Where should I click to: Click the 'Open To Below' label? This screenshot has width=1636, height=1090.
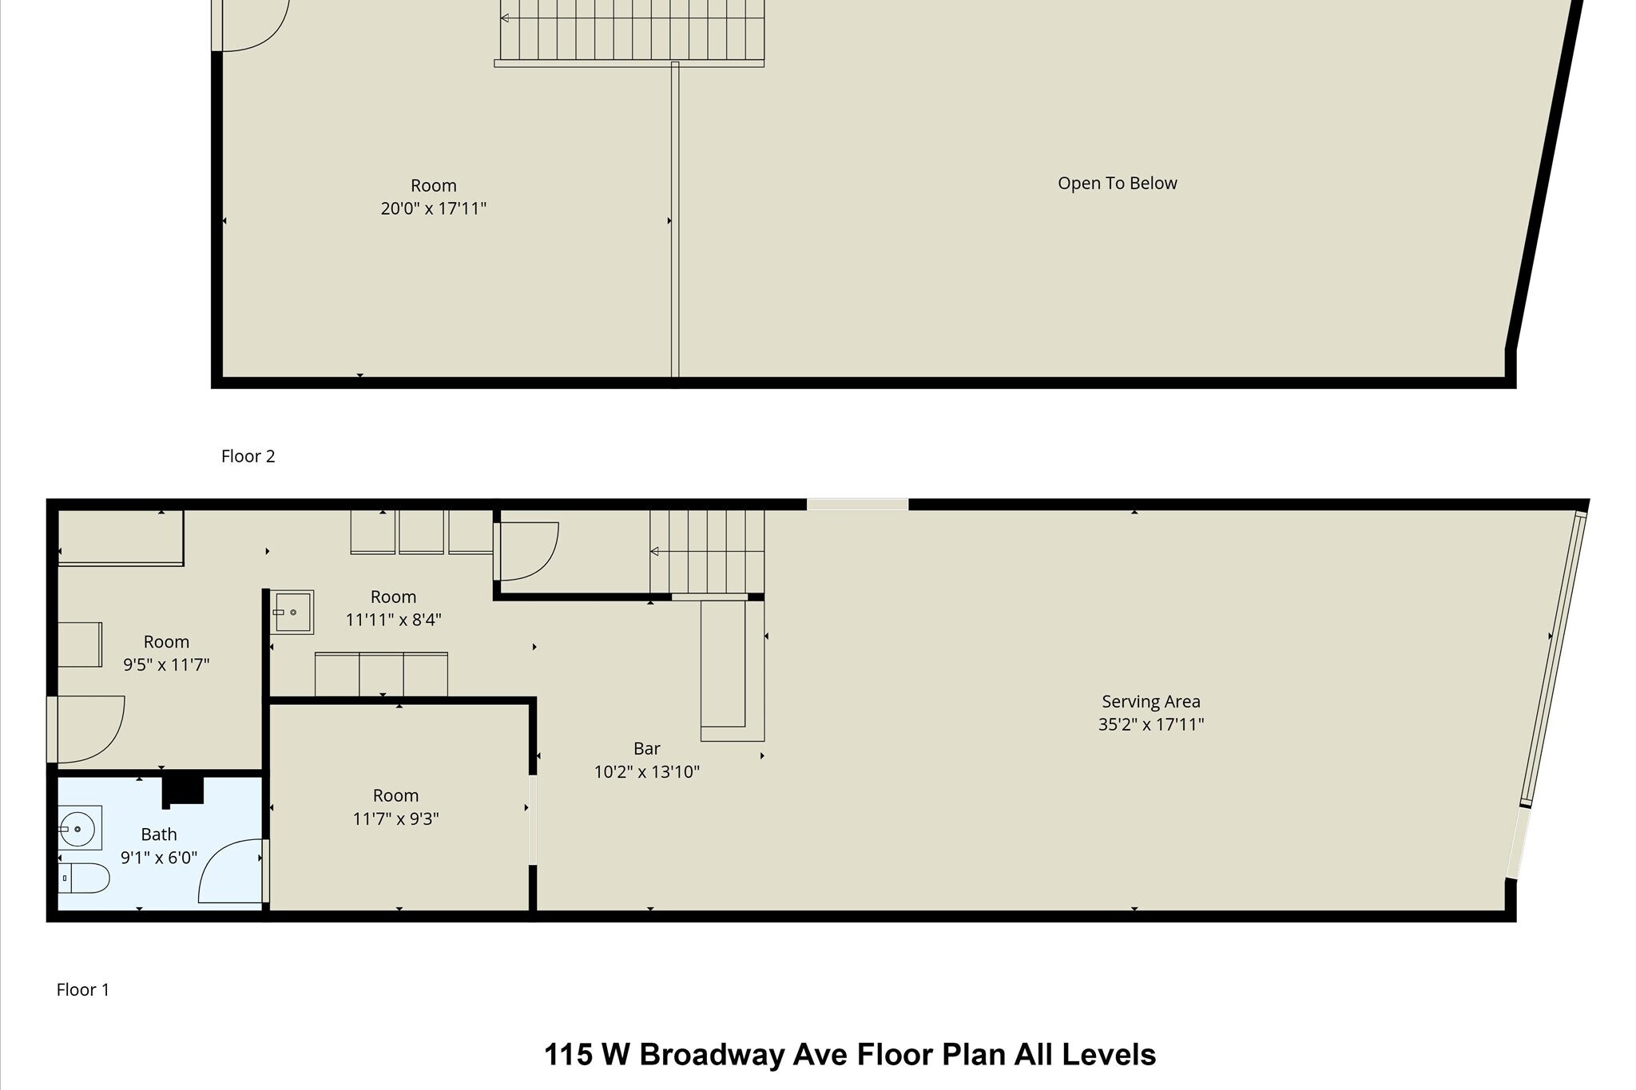click(x=1117, y=183)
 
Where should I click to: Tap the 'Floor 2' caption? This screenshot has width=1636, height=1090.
click(x=248, y=456)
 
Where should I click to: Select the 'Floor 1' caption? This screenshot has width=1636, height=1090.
click(x=82, y=989)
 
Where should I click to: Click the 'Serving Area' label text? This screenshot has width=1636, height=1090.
click(x=1150, y=701)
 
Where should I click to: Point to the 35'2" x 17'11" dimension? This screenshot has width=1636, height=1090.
click(x=1150, y=724)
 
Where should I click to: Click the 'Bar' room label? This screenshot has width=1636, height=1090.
click(x=646, y=748)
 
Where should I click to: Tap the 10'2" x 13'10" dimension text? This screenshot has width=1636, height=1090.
click(x=646, y=771)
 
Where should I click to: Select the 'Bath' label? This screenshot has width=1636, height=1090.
click(x=159, y=834)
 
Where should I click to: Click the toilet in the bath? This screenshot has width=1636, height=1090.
click(x=84, y=878)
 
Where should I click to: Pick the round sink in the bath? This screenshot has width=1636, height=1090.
click(x=79, y=828)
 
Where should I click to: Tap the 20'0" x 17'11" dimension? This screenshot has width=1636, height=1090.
click(x=433, y=208)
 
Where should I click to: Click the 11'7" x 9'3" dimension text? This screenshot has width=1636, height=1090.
click(x=395, y=818)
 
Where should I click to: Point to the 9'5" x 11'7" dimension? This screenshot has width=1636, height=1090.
click(x=166, y=664)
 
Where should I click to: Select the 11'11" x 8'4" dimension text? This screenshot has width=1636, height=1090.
click(x=393, y=620)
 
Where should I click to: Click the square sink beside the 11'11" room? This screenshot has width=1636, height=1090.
click(x=292, y=612)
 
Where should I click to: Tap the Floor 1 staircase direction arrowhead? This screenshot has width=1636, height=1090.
click(x=654, y=551)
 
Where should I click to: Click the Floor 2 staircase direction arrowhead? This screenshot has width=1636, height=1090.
click(x=505, y=18)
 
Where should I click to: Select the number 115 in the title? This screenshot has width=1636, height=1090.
click(x=568, y=1055)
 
